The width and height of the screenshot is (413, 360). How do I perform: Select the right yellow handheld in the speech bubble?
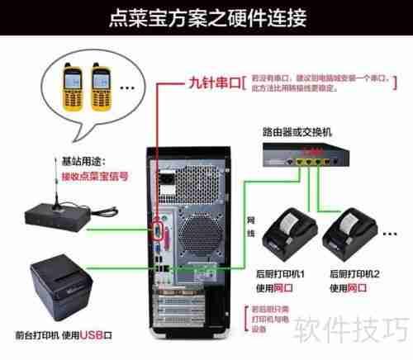[x=102, y=87]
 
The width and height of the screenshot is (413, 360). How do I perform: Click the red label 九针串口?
[x=211, y=83]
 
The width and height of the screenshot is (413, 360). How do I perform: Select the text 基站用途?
[x=83, y=160]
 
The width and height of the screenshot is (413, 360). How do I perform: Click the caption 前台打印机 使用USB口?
[x=63, y=336]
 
